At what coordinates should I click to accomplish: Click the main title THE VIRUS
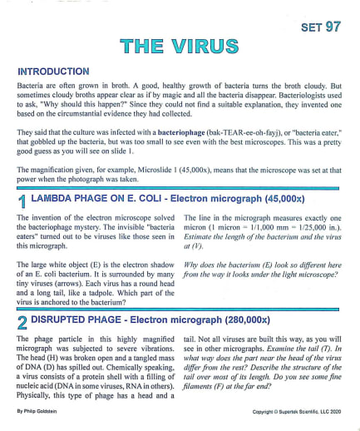click(179, 47)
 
